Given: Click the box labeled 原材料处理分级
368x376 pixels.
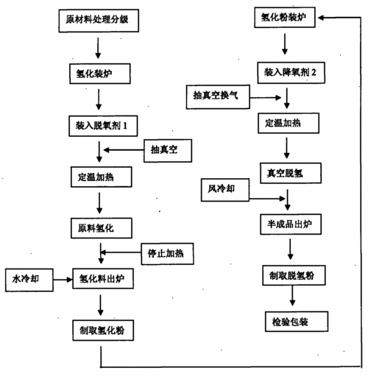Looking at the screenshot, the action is point(99,21).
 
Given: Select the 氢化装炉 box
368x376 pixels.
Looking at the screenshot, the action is point(100,74).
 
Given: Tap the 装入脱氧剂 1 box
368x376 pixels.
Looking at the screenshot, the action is point(103,126).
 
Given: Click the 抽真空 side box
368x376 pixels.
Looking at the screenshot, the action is point(168,151).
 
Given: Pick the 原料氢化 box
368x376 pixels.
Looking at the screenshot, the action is point(102,228).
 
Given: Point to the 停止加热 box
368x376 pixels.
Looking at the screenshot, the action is point(167,254).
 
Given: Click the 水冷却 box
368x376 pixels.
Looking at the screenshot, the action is point(29,280).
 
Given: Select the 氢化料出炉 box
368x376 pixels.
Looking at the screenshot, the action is point(103,278).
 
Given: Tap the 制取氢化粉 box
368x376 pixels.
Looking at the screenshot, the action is point(103,330).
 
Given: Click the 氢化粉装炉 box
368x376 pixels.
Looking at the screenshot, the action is point(285,17).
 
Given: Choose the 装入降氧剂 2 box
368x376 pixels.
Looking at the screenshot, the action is point(291,73).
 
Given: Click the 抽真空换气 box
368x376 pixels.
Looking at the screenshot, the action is point(218,96).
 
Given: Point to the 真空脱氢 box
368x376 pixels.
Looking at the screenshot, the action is point(291,173).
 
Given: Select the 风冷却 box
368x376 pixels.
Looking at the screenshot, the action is point(225,190).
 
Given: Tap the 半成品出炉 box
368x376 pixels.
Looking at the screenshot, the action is point(291,224).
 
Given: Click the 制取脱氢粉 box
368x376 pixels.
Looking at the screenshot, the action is point(294,275).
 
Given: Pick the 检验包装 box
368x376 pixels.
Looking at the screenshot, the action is point(297,322).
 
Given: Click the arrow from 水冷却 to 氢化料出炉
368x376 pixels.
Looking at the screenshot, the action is point(63,280).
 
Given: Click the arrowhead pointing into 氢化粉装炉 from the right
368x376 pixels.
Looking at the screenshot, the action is point(321,18).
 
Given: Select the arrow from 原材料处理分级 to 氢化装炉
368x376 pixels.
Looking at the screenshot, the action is point(98,48).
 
